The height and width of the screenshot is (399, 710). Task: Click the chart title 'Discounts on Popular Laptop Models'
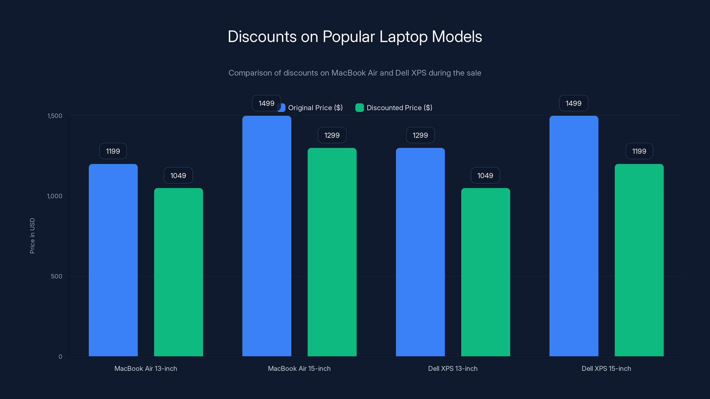[355, 37]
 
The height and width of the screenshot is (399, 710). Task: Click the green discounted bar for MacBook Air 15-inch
[332, 252]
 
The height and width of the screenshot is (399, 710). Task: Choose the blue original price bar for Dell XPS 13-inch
[420, 252]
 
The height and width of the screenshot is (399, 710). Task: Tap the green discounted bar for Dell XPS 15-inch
[639, 260]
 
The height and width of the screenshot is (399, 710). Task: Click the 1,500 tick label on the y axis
[55, 116]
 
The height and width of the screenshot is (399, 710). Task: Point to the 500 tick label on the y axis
[57, 276]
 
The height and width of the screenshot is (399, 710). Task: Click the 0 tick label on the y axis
[60, 357]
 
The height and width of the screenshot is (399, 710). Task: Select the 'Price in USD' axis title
[32, 236]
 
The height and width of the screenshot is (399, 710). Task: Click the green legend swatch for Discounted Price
[359, 108]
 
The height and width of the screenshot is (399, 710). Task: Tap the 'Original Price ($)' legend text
[315, 108]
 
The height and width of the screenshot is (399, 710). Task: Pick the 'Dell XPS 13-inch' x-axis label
[453, 368]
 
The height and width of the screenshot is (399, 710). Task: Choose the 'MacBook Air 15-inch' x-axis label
[299, 368]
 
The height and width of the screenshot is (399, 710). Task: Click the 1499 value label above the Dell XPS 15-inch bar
[573, 103]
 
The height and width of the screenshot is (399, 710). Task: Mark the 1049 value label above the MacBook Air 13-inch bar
[178, 175]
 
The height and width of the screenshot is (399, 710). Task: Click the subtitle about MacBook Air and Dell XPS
[355, 73]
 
